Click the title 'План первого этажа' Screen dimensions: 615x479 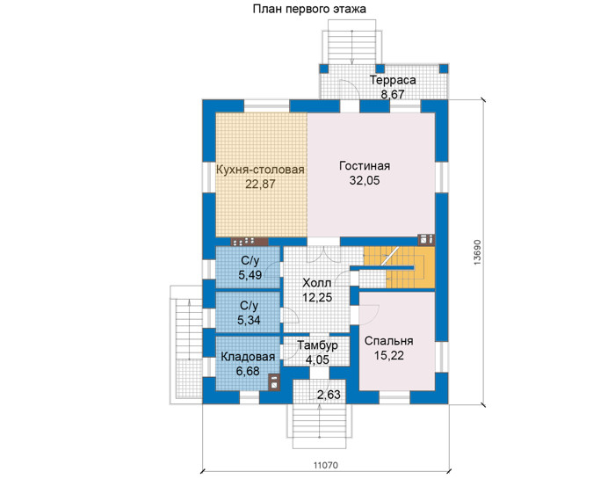point(309,9)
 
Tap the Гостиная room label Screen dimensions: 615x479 point(365,166)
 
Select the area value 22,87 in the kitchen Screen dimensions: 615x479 point(260,184)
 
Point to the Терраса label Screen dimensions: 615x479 point(393,81)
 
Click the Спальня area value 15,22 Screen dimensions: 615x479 point(389,355)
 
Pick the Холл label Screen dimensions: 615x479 point(317,283)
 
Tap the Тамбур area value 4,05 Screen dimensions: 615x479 point(317,359)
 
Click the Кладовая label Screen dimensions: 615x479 point(248,357)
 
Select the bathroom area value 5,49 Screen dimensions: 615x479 point(250,275)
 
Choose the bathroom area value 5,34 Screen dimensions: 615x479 point(249,320)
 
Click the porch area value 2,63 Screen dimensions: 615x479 point(329,395)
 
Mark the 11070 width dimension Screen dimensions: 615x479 point(326,465)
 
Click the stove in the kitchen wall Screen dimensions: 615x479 point(249,242)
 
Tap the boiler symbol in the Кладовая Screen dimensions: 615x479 point(273,382)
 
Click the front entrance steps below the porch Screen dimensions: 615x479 point(320,425)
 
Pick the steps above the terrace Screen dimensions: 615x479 point(352,47)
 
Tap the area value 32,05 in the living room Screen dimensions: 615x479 point(365,180)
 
